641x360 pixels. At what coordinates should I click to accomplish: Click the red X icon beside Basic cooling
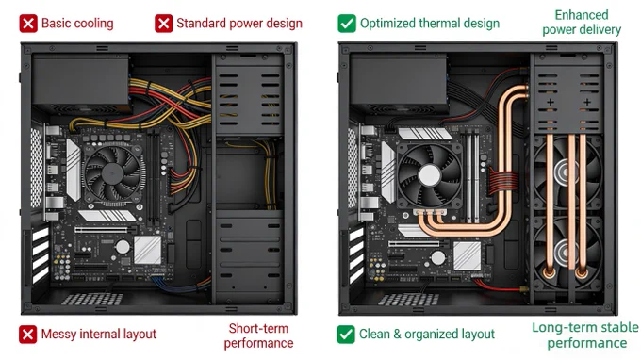(x=28, y=24)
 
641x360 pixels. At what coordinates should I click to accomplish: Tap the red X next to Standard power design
(x=163, y=24)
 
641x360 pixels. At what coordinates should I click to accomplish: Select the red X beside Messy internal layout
(x=27, y=335)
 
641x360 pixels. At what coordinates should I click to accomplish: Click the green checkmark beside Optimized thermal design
(x=347, y=24)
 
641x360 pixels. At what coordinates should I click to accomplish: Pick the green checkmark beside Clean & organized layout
(x=346, y=335)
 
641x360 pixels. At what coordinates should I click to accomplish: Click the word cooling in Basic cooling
(x=93, y=24)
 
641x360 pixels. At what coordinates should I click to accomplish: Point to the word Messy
(x=58, y=335)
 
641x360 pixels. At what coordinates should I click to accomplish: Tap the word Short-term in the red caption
(x=258, y=328)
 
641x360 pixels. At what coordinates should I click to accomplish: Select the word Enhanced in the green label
(x=582, y=15)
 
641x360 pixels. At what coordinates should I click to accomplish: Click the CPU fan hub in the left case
(x=113, y=173)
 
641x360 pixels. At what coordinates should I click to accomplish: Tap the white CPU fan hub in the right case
(x=430, y=176)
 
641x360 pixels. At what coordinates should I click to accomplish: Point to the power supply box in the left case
(x=81, y=83)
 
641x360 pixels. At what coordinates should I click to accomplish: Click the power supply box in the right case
(x=399, y=84)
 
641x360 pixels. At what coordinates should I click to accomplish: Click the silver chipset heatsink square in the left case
(x=148, y=250)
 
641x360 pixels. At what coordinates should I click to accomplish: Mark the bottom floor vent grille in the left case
(x=92, y=299)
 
